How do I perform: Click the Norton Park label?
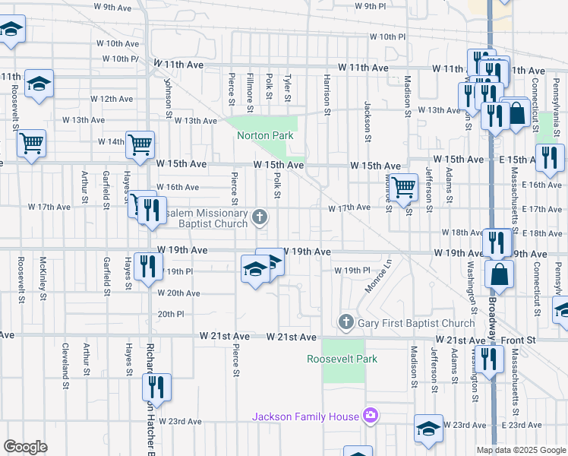265,136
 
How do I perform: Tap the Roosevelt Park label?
342,359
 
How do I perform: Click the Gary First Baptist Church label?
416,323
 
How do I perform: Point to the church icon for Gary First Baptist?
346,323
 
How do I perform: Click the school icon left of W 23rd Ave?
428,427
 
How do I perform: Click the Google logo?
26,447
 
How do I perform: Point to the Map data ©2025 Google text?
522,450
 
